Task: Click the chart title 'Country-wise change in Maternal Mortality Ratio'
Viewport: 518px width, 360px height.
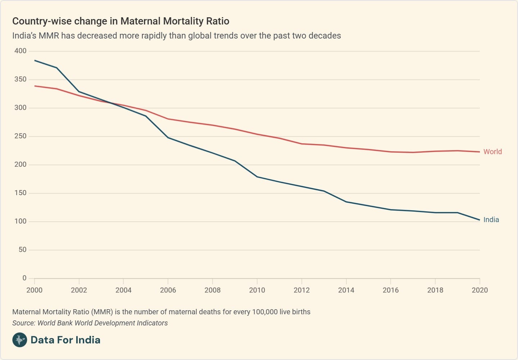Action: click(121, 21)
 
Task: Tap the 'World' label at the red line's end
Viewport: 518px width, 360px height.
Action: click(492, 152)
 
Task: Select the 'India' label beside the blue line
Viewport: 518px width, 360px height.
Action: click(491, 220)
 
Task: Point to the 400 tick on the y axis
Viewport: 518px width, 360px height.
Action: click(21, 51)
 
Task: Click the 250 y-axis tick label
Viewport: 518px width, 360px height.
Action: click(21, 136)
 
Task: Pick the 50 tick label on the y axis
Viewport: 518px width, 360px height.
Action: click(22, 249)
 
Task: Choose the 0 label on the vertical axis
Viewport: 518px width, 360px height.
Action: click(24, 278)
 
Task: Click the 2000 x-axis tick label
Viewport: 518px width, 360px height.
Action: click(34, 290)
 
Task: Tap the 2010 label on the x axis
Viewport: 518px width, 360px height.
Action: click(257, 290)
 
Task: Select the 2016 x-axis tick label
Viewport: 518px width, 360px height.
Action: click(391, 290)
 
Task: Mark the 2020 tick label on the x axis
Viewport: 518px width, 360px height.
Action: click(480, 290)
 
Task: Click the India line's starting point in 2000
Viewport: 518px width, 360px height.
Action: click(35, 60)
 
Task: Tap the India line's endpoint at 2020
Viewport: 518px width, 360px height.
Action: click(480, 220)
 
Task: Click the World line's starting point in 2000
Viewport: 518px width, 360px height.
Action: click(35, 86)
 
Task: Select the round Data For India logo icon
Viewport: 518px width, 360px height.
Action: click(19, 340)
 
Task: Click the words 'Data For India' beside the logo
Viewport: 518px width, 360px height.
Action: click(65, 340)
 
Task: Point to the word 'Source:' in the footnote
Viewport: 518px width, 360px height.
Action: click(24, 323)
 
